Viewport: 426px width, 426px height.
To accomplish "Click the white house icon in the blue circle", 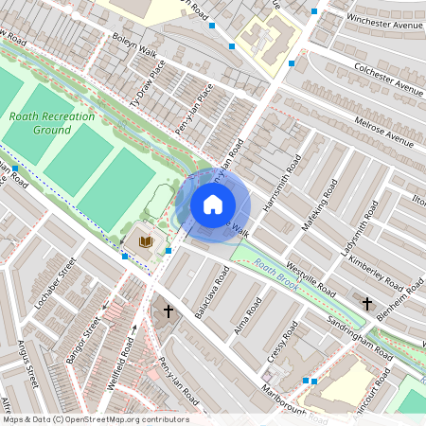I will coord(213,204).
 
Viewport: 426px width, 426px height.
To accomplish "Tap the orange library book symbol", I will coord(145,242).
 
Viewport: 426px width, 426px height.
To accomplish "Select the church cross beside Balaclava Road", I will coord(169,310).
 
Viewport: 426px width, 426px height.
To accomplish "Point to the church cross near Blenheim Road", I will coord(367,303).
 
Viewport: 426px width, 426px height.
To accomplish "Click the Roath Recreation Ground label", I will coord(52,122).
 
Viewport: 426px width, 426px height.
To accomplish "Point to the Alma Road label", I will coord(247,316).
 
